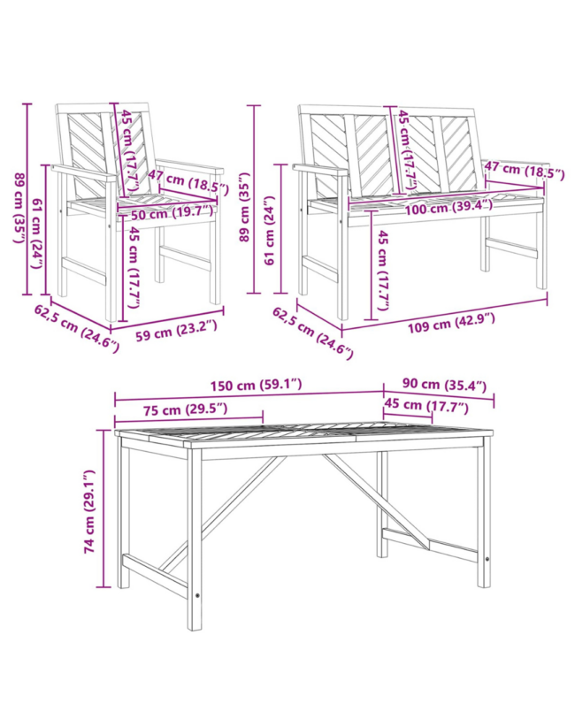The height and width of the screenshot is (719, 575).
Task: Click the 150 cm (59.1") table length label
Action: (x=256, y=385)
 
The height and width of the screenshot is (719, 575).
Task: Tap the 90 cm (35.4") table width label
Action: (x=444, y=385)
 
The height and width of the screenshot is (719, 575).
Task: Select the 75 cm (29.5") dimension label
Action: (x=185, y=409)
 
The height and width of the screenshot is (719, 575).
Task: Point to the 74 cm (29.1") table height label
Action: (x=89, y=511)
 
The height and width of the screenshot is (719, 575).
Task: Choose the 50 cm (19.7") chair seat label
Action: (x=172, y=213)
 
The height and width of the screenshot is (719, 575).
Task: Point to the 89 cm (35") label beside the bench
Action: (x=244, y=207)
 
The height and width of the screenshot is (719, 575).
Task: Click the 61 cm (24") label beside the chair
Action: (x=38, y=233)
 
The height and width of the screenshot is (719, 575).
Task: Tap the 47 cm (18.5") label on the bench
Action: (x=525, y=170)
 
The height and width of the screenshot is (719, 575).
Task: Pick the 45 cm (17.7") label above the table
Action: (x=426, y=405)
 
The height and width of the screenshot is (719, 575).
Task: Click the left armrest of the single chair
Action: (x=85, y=174)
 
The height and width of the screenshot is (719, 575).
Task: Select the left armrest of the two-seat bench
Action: (x=321, y=170)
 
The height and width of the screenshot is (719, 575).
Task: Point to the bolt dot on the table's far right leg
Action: (x=487, y=560)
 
